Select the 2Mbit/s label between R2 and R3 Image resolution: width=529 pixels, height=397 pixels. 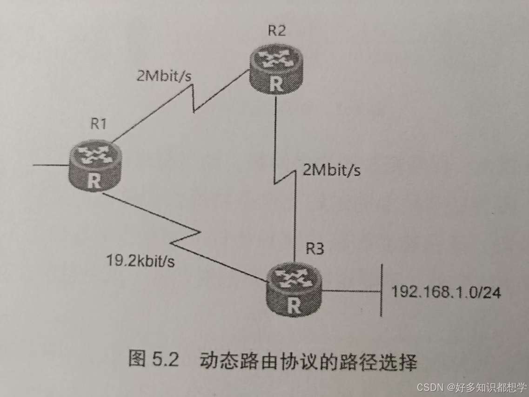tap(332, 170)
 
